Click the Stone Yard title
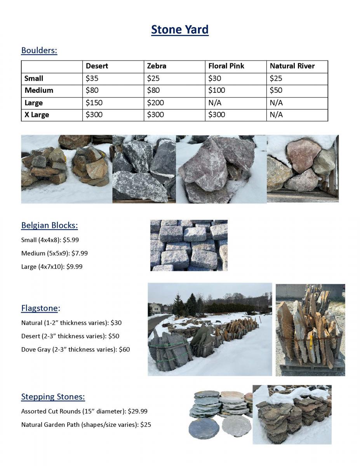pos(180,30)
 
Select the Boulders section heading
pos(39,50)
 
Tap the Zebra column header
pos(157,66)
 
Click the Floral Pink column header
pos(226,66)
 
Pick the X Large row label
pos(37,115)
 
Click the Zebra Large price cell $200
pos(155,103)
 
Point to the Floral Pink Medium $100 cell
pos(217,90)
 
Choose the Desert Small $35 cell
pos(92,78)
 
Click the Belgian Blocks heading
pos(49,225)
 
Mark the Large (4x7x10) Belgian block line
pos(52,267)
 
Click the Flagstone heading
pos(40,308)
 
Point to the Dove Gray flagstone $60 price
pos(124,349)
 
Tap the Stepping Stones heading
pos(53,396)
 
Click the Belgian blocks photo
pos(189,245)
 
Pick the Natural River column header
pos(292,66)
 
